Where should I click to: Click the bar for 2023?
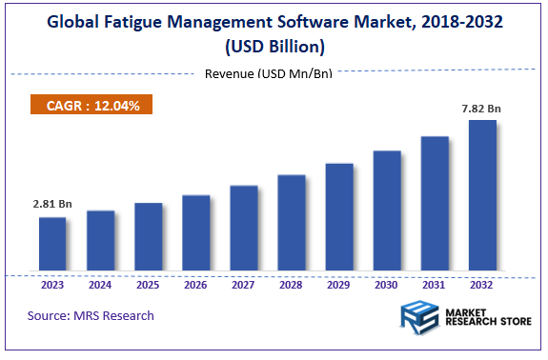click(52, 245)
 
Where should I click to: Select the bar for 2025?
click(148, 237)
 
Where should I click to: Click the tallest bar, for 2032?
click(482, 196)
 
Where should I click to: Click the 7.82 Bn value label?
click(481, 109)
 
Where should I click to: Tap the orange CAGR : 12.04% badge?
click(92, 106)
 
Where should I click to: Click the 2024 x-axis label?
click(100, 284)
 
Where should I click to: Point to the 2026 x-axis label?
click(195, 284)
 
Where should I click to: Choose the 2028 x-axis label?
click(292, 284)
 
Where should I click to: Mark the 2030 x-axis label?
click(387, 284)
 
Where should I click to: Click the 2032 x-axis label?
click(482, 284)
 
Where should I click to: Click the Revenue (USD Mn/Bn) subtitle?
click(274, 74)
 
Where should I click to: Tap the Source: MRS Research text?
click(91, 315)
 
